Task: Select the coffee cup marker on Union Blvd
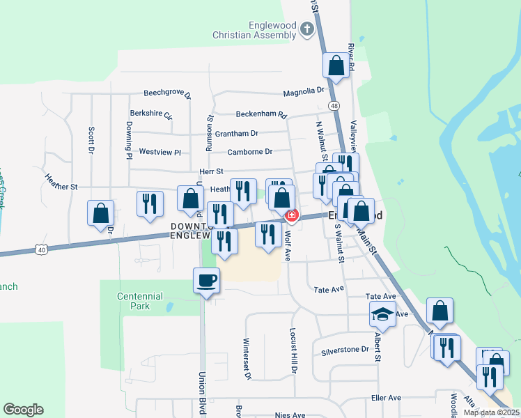click(x=206, y=281)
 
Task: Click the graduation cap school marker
click(x=382, y=314)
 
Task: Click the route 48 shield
click(x=335, y=105)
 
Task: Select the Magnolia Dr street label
click(x=304, y=91)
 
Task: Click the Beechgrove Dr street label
click(x=167, y=93)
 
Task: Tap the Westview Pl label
click(x=160, y=152)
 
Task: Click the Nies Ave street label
click(x=290, y=415)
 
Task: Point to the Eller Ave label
click(x=386, y=398)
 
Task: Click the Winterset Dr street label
click(x=247, y=358)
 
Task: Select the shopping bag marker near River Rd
click(x=336, y=67)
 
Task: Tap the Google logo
click(x=23, y=410)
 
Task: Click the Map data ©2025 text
click(x=491, y=412)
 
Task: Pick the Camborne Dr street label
click(x=249, y=152)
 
